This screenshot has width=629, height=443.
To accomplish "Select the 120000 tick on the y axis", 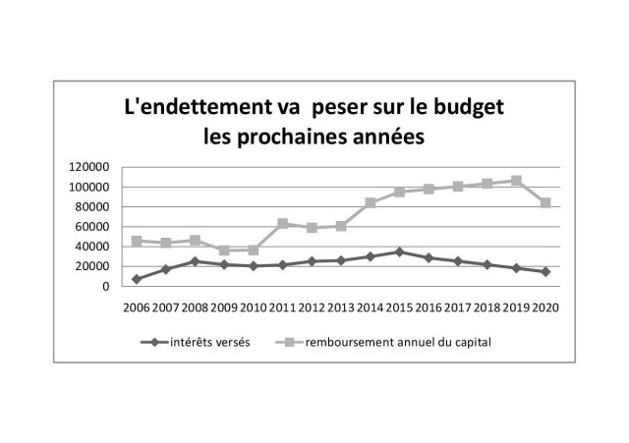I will pyautogui.click(x=89, y=167).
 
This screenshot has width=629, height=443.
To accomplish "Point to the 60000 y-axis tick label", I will pyautogui.click(x=93, y=227).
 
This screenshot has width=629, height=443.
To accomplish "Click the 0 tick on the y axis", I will pyautogui.click(x=105, y=287).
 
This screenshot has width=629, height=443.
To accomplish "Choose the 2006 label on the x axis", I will pyautogui.click(x=137, y=306).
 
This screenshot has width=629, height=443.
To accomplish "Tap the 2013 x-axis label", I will pyautogui.click(x=341, y=306).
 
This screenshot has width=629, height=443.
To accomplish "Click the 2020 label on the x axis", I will pyautogui.click(x=544, y=306).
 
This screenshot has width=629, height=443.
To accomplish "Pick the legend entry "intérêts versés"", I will pyautogui.click(x=206, y=342).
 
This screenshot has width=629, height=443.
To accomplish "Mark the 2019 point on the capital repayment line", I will pyautogui.click(x=516, y=181).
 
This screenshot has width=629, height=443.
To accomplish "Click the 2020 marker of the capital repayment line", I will pyautogui.click(x=544, y=202).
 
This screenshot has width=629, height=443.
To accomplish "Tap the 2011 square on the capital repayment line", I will pyautogui.click(x=283, y=224).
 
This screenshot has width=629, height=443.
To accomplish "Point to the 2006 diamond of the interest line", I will pyautogui.click(x=137, y=279).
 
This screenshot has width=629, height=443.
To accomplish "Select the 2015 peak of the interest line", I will pyautogui.click(x=399, y=251).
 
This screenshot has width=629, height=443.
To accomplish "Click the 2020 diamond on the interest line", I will pyautogui.click(x=544, y=271).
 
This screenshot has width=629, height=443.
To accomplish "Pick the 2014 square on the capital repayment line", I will pyautogui.click(x=371, y=203).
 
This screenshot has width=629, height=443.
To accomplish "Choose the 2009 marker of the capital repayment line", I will pyautogui.click(x=224, y=250).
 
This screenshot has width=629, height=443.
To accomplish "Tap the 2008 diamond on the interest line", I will pyautogui.click(x=195, y=261).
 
